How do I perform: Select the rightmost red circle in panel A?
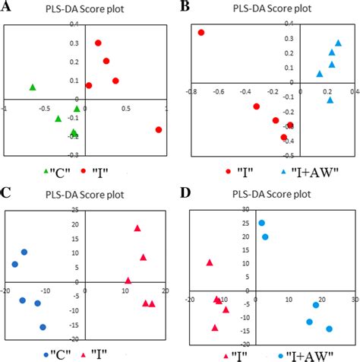(x=159, y=130)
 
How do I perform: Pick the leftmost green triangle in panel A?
(x=33, y=87)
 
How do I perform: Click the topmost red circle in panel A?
(x=98, y=43)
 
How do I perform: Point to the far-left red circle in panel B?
(x=201, y=33)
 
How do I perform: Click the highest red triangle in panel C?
(x=137, y=228)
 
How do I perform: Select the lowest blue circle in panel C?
(x=43, y=327)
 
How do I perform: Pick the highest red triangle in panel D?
(x=210, y=262)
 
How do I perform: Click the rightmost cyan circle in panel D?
(x=330, y=329)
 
